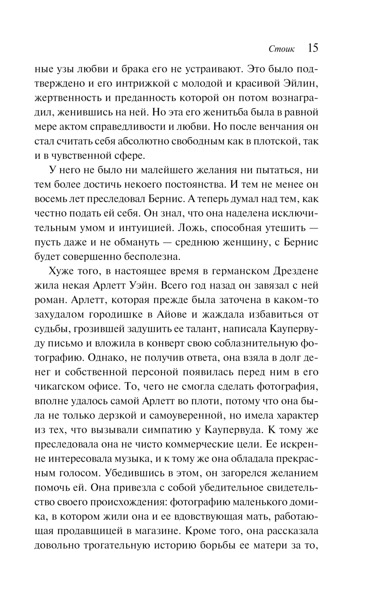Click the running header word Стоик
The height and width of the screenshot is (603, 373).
[282, 49]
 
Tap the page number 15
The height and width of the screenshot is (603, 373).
[313, 48]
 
